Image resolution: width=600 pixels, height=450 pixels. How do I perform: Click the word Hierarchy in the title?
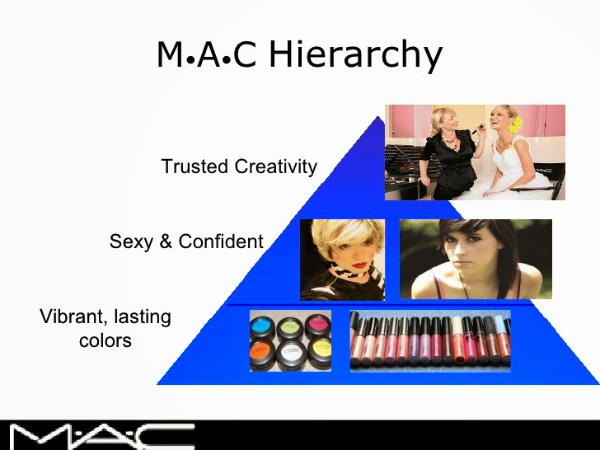pos(356,54)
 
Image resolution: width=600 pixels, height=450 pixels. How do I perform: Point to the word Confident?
pos(220,241)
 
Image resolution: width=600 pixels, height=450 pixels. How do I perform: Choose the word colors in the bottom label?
pos(105,340)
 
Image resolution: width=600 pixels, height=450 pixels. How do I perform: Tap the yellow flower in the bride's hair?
pos(516,124)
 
